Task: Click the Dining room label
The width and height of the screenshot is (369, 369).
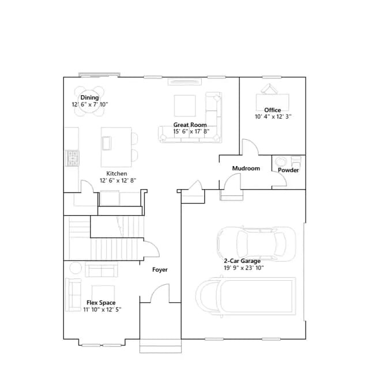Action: pyautogui.click(x=89, y=97)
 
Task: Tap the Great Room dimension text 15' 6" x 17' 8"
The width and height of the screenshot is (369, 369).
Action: pyautogui.click(x=191, y=131)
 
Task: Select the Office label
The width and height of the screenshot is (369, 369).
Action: pyautogui.click(x=273, y=110)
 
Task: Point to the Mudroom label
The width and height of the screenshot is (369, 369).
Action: pyautogui.click(x=246, y=168)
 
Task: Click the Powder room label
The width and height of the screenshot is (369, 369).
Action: pyautogui.click(x=288, y=170)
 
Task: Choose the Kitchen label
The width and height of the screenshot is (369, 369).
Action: pyautogui.click(x=116, y=174)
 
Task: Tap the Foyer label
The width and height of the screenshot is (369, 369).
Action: pyautogui.click(x=160, y=270)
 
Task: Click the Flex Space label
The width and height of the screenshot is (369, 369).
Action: pyautogui.click(x=101, y=303)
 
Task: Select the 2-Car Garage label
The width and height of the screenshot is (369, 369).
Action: pyautogui.click(x=242, y=261)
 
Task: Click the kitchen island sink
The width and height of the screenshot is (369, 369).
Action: pyautogui.click(x=106, y=143)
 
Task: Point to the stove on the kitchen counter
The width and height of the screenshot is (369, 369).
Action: pyautogui.click(x=72, y=158)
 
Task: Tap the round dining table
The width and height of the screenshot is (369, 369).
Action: pyautogui.click(x=89, y=101)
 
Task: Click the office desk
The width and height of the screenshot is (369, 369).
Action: pyautogui.click(x=273, y=102)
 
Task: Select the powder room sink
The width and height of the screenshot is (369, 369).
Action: pyautogui.click(x=281, y=162)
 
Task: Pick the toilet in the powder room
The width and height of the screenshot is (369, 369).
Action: pyautogui.click(x=296, y=161)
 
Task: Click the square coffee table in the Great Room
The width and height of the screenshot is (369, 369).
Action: pyautogui.click(x=184, y=106)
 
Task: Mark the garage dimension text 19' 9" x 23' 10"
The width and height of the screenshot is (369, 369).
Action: pyautogui.click(x=244, y=268)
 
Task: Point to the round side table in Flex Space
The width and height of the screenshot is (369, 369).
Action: pyautogui.click(x=76, y=268)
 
